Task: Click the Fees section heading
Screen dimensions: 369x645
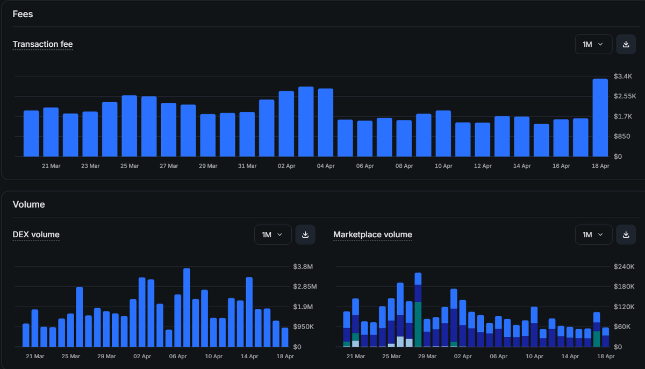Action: point(23,14)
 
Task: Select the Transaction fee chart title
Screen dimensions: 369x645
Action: point(42,44)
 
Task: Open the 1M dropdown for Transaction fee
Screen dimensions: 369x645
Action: point(593,44)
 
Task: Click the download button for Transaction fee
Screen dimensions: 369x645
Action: point(626,44)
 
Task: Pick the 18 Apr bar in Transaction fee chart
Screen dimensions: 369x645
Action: point(600,118)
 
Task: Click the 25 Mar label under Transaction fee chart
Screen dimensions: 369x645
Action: point(130,166)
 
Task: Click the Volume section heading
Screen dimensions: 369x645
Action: point(28,204)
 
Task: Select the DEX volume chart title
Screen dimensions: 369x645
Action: point(36,235)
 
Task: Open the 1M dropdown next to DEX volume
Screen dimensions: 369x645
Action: point(273,235)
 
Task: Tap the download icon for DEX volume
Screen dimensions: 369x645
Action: point(305,235)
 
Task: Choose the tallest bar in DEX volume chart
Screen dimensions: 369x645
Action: point(187,308)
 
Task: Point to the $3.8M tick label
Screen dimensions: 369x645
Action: point(303,267)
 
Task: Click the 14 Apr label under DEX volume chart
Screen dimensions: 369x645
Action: point(249,356)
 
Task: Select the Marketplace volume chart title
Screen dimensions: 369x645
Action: point(372,235)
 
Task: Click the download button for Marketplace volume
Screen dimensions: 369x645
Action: point(626,235)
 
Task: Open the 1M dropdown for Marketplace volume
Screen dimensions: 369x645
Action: point(593,235)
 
